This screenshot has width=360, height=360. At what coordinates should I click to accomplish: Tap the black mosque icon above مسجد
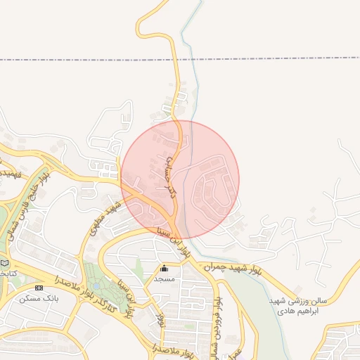pyautogui.click(x=165, y=268)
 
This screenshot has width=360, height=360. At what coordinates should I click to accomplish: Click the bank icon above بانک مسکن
pyautogui.click(x=39, y=288)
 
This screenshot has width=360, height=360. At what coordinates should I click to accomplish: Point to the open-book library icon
pyautogui.click(x=6, y=263)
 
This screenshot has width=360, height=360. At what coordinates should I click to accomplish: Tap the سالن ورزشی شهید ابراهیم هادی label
pyautogui.click(x=298, y=305)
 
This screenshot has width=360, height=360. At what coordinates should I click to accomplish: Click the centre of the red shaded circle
pyautogui.click(x=180, y=179)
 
